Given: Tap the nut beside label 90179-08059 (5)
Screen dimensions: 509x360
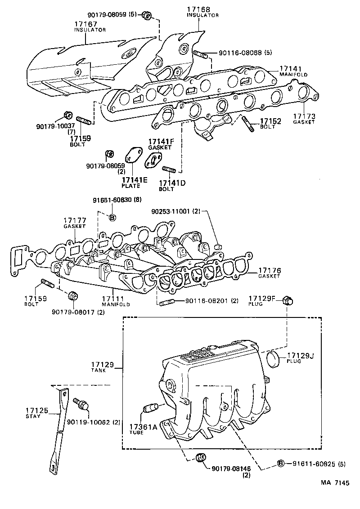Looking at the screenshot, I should click(146, 15).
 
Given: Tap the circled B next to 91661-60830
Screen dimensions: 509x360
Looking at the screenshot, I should click(112, 218).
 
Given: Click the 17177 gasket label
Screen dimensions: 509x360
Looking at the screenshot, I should click(75, 220).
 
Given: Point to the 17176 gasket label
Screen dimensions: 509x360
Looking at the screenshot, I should click(270, 271).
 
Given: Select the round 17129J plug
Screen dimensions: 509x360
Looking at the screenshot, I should click(274, 360).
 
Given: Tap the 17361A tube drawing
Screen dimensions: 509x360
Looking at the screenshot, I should click(149, 408).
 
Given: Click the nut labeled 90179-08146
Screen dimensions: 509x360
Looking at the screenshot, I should click(201, 458).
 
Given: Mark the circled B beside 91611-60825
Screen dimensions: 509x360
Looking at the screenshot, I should click(280, 463).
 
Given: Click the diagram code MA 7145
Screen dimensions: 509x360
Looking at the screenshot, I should click(335, 483).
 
